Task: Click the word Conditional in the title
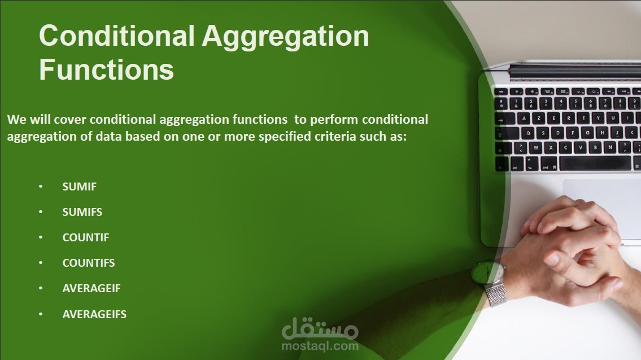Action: [x=116, y=36]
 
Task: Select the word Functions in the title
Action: [x=107, y=70]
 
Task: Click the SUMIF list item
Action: [x=79, y=186]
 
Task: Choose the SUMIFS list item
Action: [x=82, y=212]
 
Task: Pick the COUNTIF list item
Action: [x=86, y=237]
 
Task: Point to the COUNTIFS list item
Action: [x=89, y=263]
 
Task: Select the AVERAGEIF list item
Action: [x=91, y=288]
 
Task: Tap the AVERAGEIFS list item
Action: [x=94, y=314]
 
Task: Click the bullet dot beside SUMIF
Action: [x=41, y=186]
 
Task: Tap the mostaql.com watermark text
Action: [x=320, y=346]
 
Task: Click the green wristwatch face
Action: [x=487, y=272]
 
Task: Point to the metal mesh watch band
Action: [x=496, y=294]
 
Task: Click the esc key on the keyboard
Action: [x=501, y=92]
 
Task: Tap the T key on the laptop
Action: [x=583, y=118]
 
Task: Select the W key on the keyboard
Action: [x=535, y=148]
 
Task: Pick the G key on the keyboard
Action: [x=587, y=133]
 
